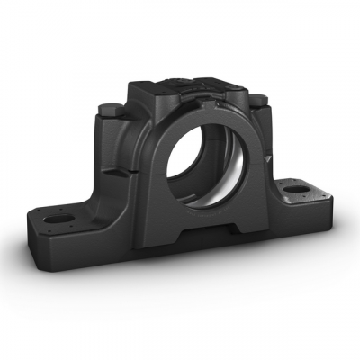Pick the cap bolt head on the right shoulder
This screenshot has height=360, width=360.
(x=257, y=99)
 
